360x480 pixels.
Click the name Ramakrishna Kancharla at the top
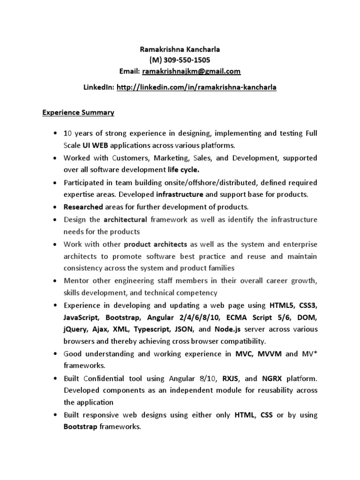pyautogui.click(x=180, y=50)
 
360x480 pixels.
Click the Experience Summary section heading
pyautogui.click(x=78, y=113)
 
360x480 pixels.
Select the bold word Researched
pyautogui.click(x=83, y=207)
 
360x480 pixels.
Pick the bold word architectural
pyautogui.click(x=125, y=219)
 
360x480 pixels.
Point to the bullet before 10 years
pyautogui.click(x=56, y=133)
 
